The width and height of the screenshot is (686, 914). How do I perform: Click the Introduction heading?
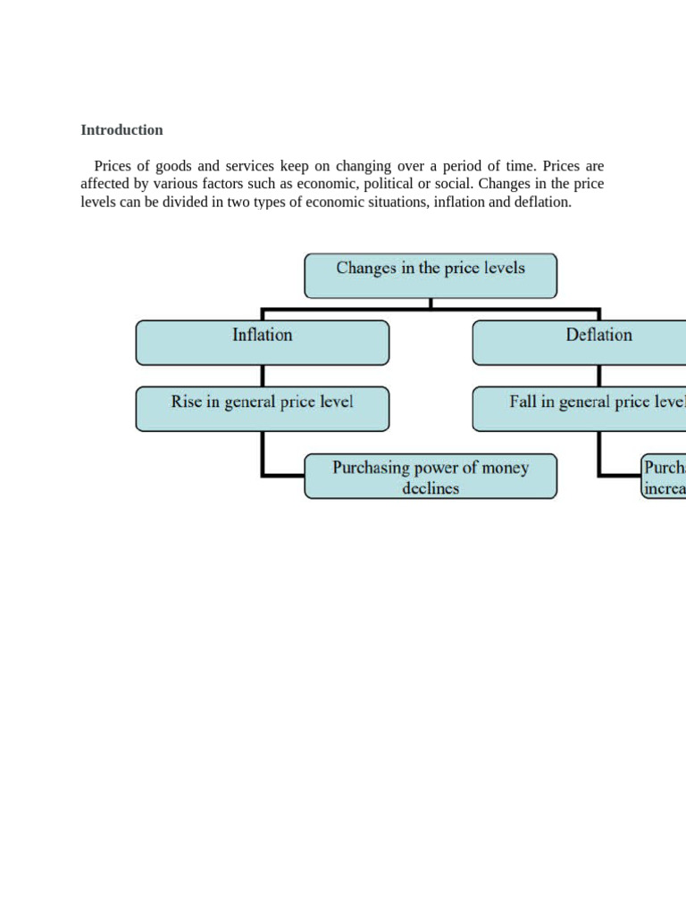121,130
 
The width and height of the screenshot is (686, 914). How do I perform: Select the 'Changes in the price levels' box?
431,275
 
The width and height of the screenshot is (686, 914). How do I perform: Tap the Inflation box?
262,343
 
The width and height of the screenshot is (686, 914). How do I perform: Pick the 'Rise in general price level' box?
262,409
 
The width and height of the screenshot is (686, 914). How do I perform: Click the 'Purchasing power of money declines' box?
431,477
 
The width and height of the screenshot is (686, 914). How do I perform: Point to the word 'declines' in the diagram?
431,488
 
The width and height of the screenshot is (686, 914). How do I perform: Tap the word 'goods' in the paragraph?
175,166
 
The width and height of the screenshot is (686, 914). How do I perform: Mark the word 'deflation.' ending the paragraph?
541,202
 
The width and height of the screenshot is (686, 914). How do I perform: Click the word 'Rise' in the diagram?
185,402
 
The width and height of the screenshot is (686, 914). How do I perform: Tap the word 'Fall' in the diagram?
524,402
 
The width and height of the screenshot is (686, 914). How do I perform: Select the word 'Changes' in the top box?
365,268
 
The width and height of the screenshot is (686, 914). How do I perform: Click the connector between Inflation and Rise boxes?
262,376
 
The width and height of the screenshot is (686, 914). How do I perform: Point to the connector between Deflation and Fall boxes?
599,376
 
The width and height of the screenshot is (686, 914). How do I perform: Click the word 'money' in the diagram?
505,468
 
